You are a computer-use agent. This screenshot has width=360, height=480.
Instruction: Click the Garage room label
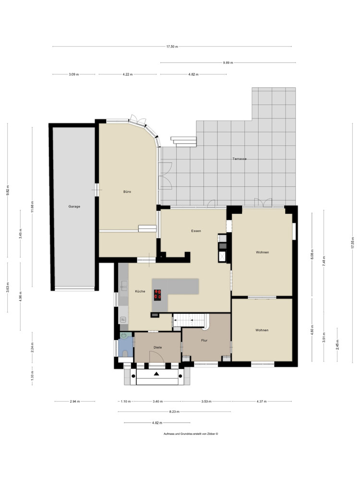pos(74,206)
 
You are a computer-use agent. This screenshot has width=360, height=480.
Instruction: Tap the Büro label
pos(127,192)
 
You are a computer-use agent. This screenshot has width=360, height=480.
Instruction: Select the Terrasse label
pos(240,159)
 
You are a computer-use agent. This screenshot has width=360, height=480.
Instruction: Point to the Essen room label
pos(196,231)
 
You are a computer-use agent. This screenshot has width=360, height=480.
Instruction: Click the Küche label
pos(140,291)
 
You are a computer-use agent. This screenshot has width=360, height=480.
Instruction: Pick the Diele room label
pos(157,348)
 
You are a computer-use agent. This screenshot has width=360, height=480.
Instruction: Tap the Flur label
pos(204,340)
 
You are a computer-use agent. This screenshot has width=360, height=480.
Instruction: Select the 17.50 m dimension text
pos(172,47)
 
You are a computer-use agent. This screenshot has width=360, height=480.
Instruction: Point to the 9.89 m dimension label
pos(228,63)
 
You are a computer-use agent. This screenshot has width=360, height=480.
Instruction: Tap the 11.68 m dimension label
pos(33,206)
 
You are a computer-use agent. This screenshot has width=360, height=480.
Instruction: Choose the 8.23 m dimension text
pos(174,412)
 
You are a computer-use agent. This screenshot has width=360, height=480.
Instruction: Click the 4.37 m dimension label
pos(262,401)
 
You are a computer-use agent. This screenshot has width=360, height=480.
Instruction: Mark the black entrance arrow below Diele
pos(157,373)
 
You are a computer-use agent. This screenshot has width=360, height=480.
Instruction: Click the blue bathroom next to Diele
pos(125,346)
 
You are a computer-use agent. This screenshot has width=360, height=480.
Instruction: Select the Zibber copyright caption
pos(191,434)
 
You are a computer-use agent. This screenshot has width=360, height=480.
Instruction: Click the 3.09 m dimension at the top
pos(74,74)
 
